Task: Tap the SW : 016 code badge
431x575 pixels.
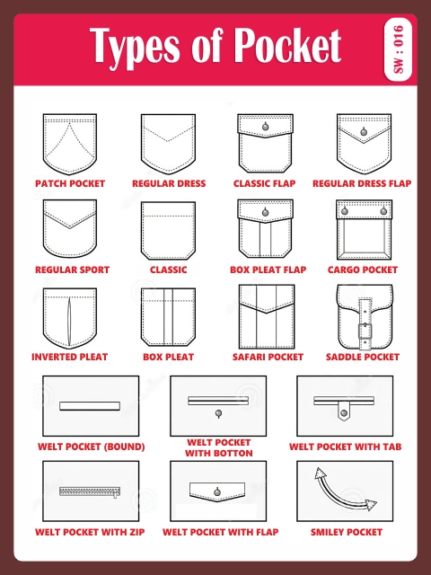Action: (x=400, y=49)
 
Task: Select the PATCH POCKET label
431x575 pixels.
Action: (x=70, y=183)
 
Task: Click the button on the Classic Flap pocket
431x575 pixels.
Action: (x=266, y=127)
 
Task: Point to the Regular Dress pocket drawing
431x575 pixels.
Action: (x=167, y=143)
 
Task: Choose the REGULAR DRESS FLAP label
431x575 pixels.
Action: (x=362, y=183)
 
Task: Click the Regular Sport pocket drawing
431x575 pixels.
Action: (x=70, y=229)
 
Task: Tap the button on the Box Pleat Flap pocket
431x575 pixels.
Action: (x=266, y=212)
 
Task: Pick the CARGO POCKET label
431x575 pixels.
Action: (x=363, y=270)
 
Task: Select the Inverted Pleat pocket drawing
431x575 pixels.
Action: (x=70, y=316)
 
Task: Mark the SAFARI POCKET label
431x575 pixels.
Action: (x=267, y=357)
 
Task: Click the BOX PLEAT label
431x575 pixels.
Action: (x=168, y=357)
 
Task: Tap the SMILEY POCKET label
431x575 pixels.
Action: (x=347, y=532)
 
